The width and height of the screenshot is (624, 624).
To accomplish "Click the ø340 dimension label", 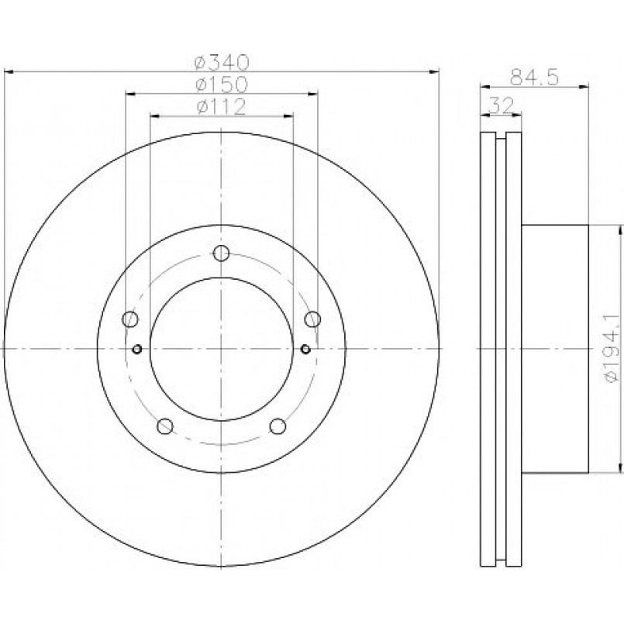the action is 222,62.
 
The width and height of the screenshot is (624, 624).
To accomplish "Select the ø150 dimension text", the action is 222,84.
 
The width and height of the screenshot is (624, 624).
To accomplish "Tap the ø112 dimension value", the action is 221,107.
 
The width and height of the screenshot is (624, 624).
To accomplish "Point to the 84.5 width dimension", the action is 534,77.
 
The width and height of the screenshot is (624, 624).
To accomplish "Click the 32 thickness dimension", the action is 501,105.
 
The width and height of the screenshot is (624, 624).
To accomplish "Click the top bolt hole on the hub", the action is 221,253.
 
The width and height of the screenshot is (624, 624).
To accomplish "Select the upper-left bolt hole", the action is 130,319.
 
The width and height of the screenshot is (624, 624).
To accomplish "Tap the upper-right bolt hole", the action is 312,319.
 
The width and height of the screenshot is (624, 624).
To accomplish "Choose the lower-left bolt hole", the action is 165,426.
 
